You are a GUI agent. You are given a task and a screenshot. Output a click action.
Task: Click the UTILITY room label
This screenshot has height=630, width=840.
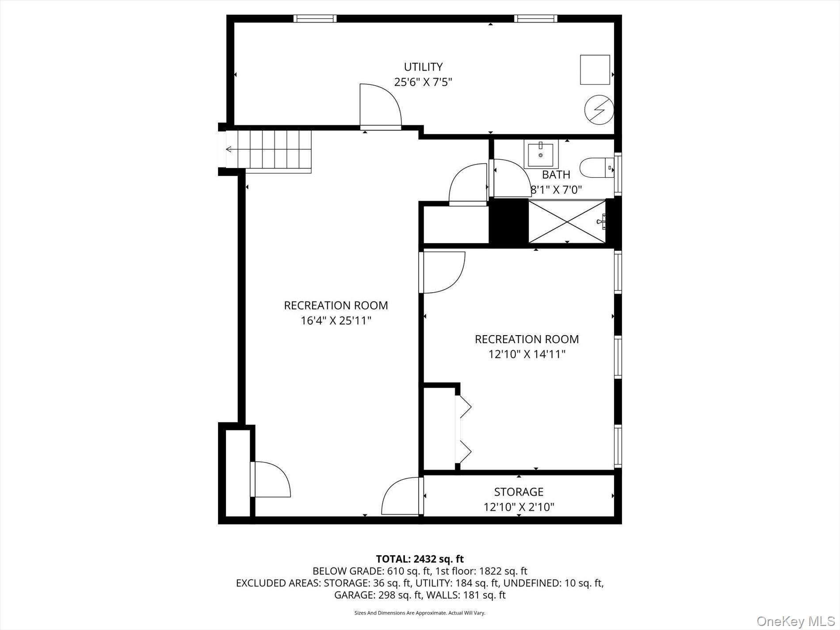pyautogui.click(x=423, y=67)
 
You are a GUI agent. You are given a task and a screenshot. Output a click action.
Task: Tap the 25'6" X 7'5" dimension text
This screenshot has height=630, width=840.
pyautogui.click(x=423, y=82)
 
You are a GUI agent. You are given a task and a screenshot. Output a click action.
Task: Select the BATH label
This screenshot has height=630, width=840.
pyautogui.click(x=556, y=175)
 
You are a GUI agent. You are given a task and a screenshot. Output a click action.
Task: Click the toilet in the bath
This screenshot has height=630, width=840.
pyautogui.click(x=596, y=168)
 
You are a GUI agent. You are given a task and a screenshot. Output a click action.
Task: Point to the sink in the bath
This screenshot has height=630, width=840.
pyautogui.click(x=541, y=154)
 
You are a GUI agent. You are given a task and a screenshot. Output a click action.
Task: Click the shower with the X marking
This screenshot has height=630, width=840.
pyautogui.click(x=567, y=221)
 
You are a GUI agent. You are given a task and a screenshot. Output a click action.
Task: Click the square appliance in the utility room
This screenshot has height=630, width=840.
pyautogui.click(x=595, y=69)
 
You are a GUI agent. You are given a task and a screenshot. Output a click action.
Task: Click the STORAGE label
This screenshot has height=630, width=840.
pyautogui.click(x=519, y=492)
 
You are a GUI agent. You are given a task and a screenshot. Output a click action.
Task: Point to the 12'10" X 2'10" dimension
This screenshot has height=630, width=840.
pyautogui.click(x=519, y=507)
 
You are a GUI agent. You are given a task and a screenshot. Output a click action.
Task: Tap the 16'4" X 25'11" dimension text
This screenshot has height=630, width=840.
pyautogui.click(x=336, y=321)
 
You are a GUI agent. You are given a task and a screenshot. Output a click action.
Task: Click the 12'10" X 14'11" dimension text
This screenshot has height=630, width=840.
pyautogui.click(x=527, y=354)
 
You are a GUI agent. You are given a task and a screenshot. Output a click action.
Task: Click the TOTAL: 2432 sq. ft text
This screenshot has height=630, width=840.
pyautogui.click(x=420, y=559)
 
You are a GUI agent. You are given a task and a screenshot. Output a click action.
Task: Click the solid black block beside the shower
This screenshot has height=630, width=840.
pyautogui.click(x=508, y=221)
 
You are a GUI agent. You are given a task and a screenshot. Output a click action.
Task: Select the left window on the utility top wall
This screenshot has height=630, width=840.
pyautogui.click(x=315, y=19)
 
